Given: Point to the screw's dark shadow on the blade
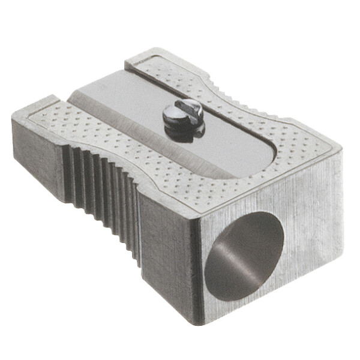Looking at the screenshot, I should pyautogui.click(x=180, y=133).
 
